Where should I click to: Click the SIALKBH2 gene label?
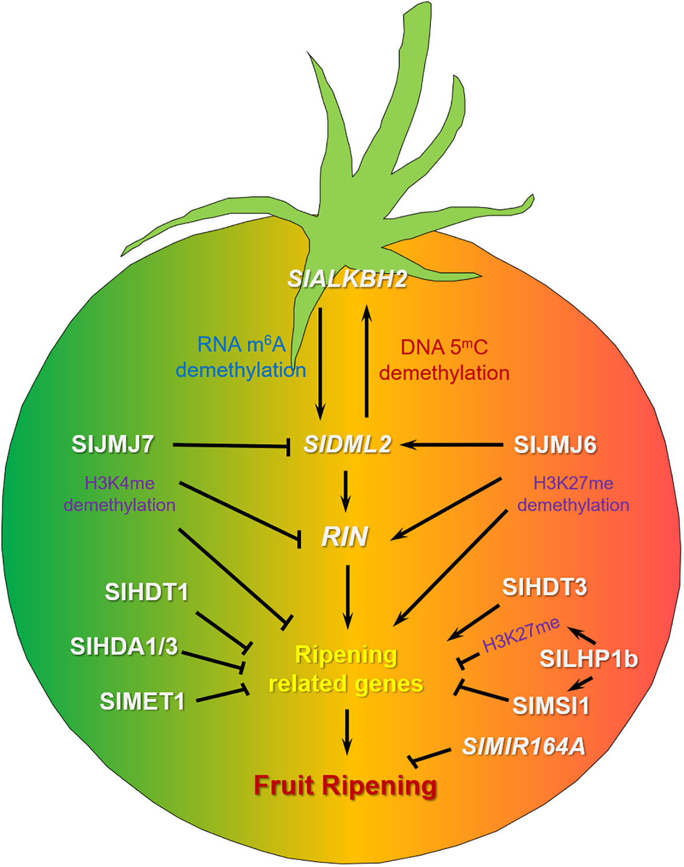347,279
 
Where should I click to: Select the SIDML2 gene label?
348,444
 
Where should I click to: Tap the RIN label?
345,537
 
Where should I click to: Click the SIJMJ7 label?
112,444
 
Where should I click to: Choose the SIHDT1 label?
146,592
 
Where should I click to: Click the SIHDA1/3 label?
124,647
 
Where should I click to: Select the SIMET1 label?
142,701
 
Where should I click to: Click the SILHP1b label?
589,659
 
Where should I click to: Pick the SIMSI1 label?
551,706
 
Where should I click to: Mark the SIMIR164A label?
524,746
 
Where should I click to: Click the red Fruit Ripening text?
345,786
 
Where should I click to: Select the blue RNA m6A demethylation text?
241,357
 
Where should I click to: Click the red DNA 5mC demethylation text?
444,360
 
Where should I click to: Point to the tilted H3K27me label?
520,635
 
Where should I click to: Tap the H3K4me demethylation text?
120,494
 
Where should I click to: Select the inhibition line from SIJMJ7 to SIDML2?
231,445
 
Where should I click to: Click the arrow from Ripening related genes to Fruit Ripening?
347,731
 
